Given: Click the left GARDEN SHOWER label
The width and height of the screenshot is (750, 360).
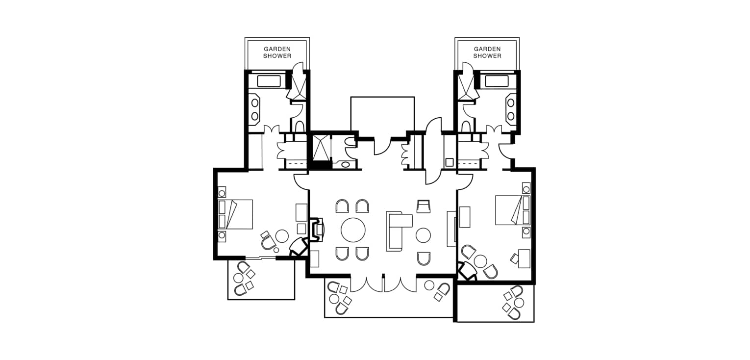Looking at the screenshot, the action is point(277,52).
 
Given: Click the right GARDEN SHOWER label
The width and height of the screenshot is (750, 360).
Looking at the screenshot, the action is point(487,52).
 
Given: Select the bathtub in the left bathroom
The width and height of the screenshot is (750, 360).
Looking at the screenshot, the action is point(269,81).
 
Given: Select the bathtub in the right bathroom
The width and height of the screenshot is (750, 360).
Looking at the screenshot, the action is point(497,81).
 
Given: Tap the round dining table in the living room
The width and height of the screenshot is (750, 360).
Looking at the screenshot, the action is point(353,230).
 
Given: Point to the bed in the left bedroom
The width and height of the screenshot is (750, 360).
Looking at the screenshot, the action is point(235,214).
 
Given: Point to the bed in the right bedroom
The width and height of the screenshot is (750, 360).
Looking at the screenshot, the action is point(513,210).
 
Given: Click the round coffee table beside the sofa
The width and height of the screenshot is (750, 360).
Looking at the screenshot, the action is point(423,235).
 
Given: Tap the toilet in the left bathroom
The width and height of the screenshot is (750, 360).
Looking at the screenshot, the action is point(300,127).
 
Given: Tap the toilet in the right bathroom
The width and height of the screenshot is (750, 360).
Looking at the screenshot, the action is point(466,127).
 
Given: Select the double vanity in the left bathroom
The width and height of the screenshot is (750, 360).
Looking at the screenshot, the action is point(254,109).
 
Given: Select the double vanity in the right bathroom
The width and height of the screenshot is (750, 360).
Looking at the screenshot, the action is point(511,109).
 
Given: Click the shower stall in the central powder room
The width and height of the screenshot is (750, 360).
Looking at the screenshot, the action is point(320,148).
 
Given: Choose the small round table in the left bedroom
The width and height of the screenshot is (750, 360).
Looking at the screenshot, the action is point(282,236).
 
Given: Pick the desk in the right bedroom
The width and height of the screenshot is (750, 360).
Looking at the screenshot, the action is point(524,258).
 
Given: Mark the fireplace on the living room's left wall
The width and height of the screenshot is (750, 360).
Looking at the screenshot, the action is point(316,230).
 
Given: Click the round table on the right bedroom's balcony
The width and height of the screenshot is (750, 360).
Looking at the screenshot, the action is point(519,303).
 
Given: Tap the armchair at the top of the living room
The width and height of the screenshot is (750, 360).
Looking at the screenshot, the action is point(424,206).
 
